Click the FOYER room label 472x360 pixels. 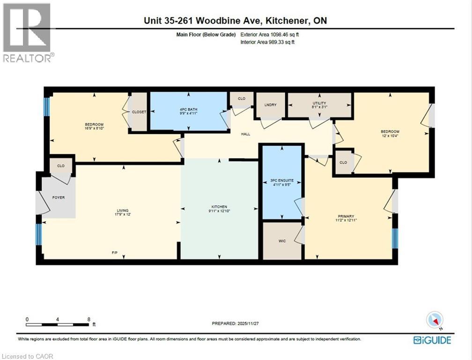[59, 197]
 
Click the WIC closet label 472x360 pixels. [282, 240]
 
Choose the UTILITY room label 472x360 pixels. [319, 103]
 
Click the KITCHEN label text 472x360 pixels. [219, 207]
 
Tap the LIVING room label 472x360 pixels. [123, 210]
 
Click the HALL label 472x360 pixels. [245, 134]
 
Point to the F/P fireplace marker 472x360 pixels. [114, 253]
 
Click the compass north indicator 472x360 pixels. [434, 320]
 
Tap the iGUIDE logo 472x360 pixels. [432, 340]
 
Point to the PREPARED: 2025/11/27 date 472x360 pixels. [236, 323]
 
